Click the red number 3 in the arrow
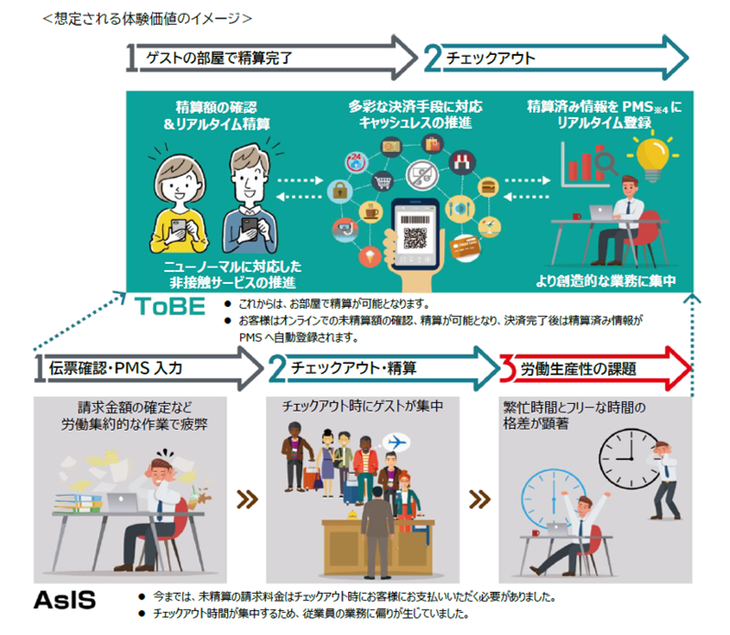click(507, 368)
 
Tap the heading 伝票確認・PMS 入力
click(115, 368)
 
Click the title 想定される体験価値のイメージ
click(147, 18)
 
